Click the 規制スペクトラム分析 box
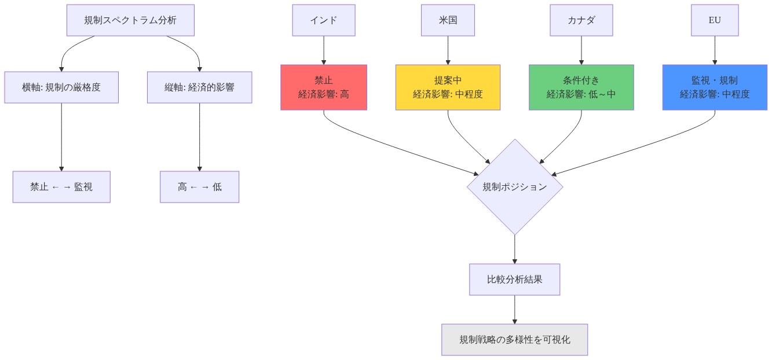(x=130, y=20)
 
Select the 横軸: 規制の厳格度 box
(x=61, y=87)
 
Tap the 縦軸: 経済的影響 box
(x=199, y=87)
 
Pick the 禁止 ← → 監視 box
(x=61, y=187)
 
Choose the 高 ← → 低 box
(x=199, y=187)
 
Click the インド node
(x=323, y=20)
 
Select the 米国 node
(x=448, y=20)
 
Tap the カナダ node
(x=581, y=20)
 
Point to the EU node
(x=714, y=20)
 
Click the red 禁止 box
(x=323, y=87)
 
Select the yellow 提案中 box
(x=448, y=87)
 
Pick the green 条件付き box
(x=581, y=87)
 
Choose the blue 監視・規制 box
(x=714, y=87)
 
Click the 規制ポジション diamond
(x=514, y=187)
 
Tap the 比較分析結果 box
(x=514, y=280)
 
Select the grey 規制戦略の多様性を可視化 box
(x=514, y=340)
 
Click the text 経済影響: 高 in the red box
(x=323, y=94)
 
